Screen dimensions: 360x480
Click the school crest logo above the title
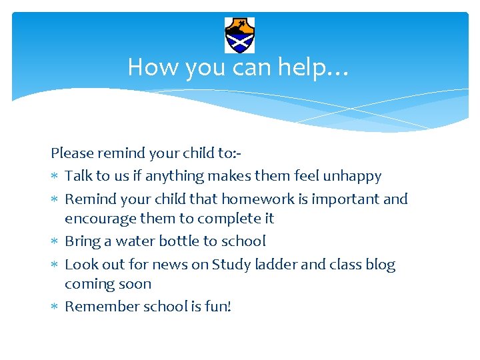239,35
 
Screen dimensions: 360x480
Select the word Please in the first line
72,153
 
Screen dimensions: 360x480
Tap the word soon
136,284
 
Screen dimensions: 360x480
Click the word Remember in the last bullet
97,307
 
